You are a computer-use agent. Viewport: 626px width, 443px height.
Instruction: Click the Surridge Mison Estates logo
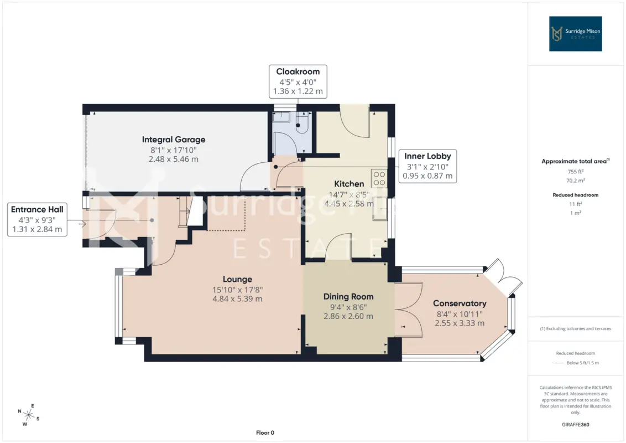point(575,34)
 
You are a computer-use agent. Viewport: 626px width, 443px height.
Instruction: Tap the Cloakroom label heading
point(298,71)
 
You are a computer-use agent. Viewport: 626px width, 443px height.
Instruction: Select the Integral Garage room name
point(174,140)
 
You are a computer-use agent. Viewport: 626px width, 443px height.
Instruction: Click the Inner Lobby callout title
point(427,156)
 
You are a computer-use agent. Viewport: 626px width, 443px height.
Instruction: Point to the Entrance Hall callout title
point(37,209)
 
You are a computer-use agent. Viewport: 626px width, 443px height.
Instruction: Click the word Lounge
point(237,279)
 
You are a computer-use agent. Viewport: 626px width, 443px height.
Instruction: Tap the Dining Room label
point(348,297)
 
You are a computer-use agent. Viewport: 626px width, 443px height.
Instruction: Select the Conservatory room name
point(460,303)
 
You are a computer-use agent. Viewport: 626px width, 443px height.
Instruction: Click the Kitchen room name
point(349,184)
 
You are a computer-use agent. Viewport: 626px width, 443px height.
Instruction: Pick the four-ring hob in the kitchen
point(379,178)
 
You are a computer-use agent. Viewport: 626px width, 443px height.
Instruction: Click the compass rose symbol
point(29,415)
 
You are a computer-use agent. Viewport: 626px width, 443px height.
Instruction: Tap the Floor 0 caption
point(265,432)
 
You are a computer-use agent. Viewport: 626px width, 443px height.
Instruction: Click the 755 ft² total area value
point(575,172)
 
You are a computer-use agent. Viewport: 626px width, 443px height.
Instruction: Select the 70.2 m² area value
point(575,181)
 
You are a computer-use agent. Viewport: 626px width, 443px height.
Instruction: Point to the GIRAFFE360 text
point(575,425)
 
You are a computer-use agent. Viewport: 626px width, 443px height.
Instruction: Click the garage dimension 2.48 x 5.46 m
point(174,159)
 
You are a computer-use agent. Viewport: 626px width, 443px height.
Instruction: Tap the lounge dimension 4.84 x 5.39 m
point(237,298)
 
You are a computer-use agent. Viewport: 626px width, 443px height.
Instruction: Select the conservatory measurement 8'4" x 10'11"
point(460,315)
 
